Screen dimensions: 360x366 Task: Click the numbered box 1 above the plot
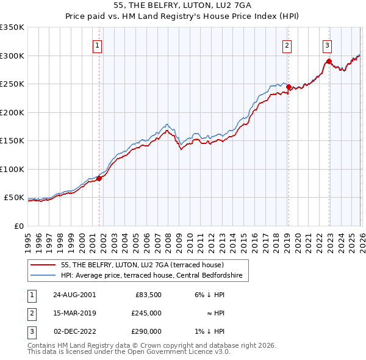98,45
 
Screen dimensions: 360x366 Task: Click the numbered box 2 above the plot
287,45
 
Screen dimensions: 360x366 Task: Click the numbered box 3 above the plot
328,45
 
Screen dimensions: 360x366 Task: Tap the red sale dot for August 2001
99,178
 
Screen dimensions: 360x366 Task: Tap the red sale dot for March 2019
289,87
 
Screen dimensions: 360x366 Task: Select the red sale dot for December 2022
329,61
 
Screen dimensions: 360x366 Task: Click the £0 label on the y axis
18,226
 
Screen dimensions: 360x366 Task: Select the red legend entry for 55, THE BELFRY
143,265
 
